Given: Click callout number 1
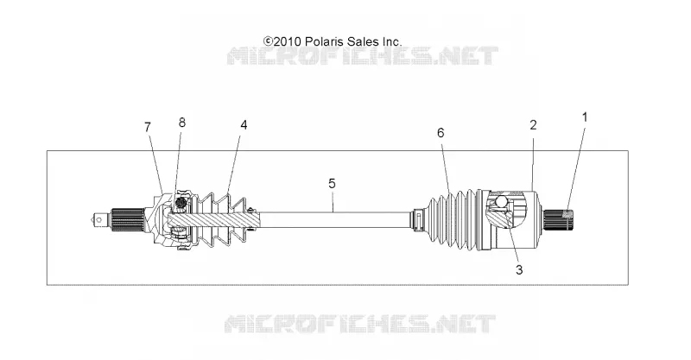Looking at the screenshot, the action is tap(585, 117).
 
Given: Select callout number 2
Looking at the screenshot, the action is tap(533, 125).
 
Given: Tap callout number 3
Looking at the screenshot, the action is tap(519, 269).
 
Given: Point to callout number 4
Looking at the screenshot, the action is tap(244, 125).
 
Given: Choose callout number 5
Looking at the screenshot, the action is tap(332, 183).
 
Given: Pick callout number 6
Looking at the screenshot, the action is tap(441, 133).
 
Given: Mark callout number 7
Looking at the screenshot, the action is tap(148, 127).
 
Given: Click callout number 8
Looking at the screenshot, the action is tap(182, 123).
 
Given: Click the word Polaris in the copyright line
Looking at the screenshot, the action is tap(325, 41).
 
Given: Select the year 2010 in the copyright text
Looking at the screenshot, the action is tap(288, 41).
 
